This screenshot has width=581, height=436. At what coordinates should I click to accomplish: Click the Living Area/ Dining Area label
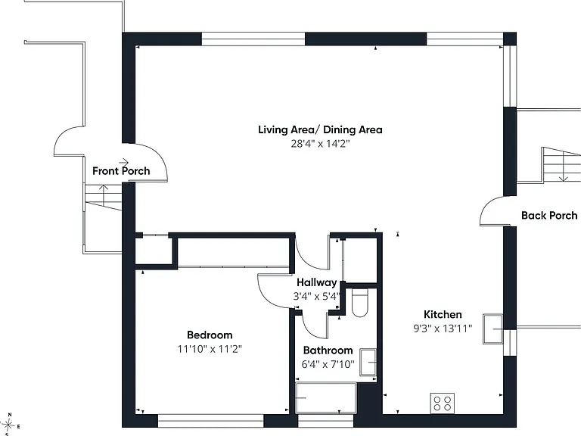pos(320,129)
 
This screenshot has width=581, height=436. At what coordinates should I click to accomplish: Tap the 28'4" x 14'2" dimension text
pos(320,144)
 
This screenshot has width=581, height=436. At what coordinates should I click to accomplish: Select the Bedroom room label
pos(210,335)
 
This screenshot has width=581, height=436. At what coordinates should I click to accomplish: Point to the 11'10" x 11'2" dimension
pos(210,349)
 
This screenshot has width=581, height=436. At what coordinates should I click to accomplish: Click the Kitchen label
pos(443,314)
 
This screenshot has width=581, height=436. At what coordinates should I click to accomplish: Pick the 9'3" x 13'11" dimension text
pos(443,329)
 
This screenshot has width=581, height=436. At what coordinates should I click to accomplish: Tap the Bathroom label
pos(328,350)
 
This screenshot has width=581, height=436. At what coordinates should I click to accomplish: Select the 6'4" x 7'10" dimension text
pos(328,364)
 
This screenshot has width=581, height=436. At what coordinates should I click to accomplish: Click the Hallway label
pos(317,282)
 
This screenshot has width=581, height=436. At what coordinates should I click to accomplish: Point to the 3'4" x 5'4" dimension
pos(317,297)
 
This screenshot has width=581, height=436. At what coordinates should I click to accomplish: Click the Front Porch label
pos(121,171)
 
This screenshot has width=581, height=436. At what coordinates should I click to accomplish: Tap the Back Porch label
pos(549,216)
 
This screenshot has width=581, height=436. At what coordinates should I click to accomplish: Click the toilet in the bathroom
pos(360,304)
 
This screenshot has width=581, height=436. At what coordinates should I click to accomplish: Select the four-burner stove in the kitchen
pos(442,403)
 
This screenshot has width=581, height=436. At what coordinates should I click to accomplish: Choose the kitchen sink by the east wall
pos(492,329)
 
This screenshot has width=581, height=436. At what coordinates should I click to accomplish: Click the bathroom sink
pos(368,363)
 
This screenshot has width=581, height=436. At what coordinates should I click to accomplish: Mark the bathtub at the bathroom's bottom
pos(326,398)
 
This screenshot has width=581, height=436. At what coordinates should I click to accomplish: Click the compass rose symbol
pos(9,425)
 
